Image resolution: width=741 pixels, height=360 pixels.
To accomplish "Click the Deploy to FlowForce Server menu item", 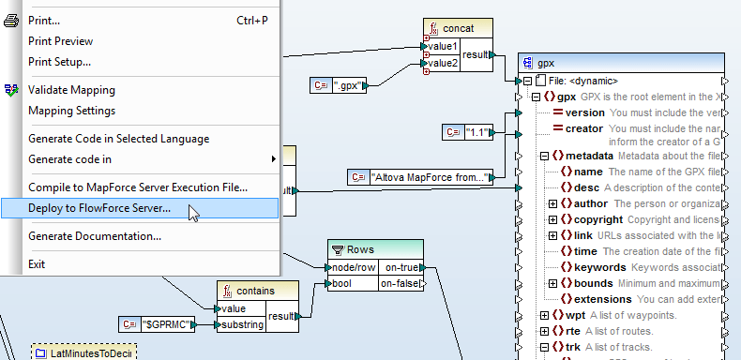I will tap(99, 208).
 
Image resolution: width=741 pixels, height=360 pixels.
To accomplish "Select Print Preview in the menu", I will tap(60, 41).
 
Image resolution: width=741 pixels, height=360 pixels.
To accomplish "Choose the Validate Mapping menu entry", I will tap(71, 90).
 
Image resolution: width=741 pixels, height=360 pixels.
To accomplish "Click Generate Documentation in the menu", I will tap(94, 236).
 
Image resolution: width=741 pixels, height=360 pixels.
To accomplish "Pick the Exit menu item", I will tap(37, 264).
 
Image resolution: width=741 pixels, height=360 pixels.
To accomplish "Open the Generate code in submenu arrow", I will tap(273, 159).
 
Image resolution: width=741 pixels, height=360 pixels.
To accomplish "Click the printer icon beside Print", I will tap(11, 21).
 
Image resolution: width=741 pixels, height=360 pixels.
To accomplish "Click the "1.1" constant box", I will tap(476, 132).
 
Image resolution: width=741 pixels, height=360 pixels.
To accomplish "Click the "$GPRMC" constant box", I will tap(168, 325).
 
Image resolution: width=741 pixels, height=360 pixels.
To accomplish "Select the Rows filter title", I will tap(360, 248).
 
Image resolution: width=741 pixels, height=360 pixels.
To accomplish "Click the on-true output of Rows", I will tap(402, 267).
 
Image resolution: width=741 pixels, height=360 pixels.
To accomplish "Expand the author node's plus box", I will tap(553, 203).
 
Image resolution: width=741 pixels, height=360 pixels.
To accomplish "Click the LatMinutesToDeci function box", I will tap(85, 352).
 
